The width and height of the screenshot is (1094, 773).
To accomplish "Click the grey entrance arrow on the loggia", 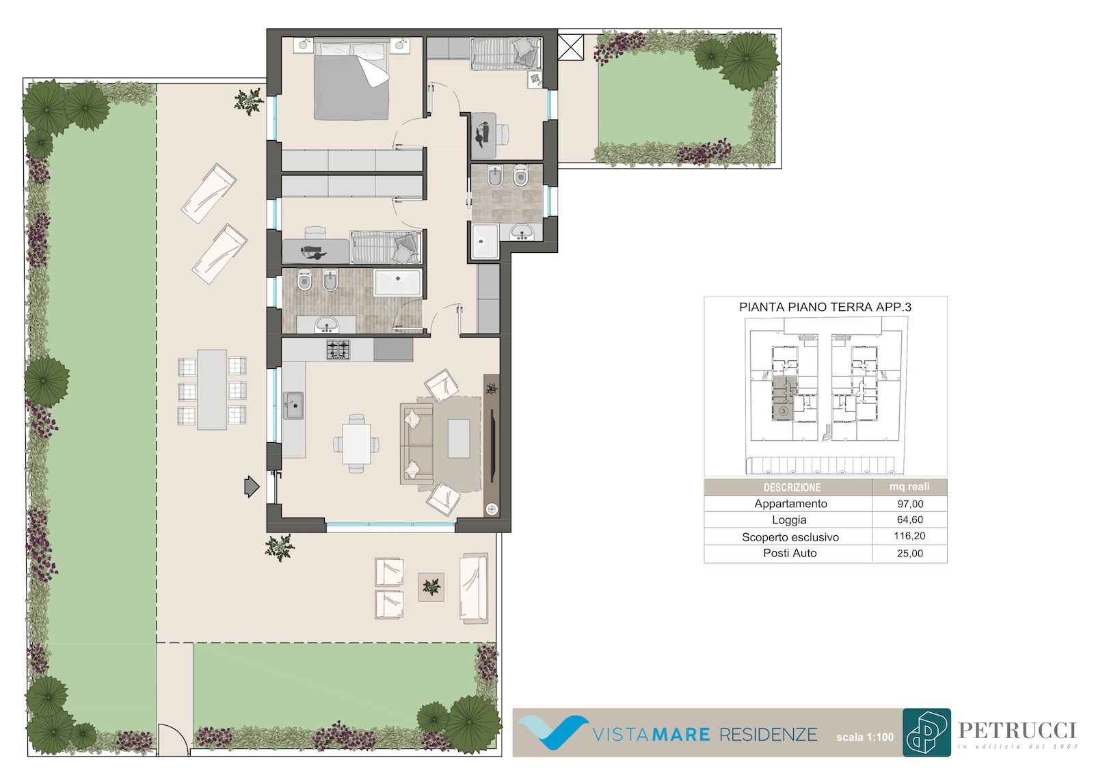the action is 252,487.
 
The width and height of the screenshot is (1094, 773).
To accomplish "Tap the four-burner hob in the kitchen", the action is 338,350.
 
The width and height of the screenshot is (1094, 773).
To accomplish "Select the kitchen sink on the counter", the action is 293,405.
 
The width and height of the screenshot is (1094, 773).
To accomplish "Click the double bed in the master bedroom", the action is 351,79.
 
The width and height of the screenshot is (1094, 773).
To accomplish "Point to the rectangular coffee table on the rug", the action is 459,439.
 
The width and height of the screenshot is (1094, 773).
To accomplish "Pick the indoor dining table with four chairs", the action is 356,444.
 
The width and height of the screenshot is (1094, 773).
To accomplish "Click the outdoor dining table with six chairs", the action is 212,389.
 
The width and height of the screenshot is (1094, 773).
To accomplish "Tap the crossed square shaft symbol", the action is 570,47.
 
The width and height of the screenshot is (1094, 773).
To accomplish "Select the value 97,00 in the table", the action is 910,504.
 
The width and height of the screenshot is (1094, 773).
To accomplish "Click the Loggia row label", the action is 789,519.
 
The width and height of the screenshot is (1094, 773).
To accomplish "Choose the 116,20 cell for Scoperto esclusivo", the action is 909,536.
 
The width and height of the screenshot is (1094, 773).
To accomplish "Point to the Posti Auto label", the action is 790,553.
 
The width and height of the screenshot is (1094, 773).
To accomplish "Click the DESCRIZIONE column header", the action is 792,487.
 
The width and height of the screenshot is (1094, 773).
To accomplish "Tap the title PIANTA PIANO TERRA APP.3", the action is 825,307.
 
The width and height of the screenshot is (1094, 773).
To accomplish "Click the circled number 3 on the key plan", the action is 784,411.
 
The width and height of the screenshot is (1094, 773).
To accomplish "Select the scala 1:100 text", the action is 865,737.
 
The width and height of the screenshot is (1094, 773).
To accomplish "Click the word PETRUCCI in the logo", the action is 1017,731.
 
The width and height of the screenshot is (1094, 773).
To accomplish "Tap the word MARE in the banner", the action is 680,734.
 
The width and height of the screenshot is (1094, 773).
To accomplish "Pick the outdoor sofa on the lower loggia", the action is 474,588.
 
